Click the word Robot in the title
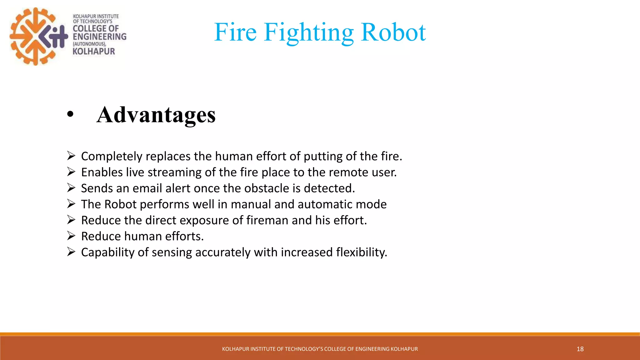click(x=393, y=32)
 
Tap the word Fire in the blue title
click(x=235, y=32)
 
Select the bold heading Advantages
click(x=156, y=115)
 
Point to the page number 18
click(x=580, y=349)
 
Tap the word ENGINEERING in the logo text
click(x=99, y=37)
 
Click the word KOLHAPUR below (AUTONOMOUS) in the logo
click(x=94, y=52)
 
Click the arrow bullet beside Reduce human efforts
click(x=71, y=236)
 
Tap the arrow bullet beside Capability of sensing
click(x=71, y=252)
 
